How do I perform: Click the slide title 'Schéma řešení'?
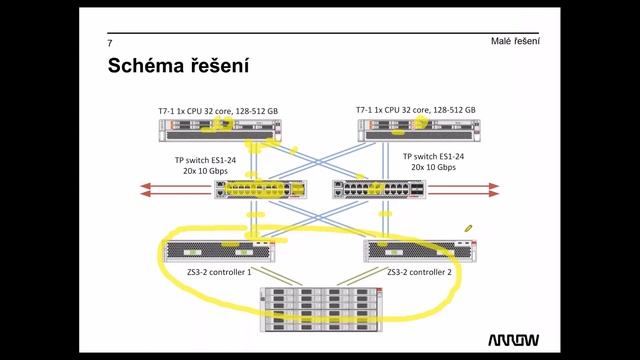coord(177,68)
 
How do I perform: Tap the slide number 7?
coord(110,44)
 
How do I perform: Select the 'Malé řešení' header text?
coord(515,41)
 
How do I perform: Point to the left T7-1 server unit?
coord(218,128)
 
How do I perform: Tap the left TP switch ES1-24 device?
coord(259,188)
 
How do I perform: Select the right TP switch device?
coord(379,188)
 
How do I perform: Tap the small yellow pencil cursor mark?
coord(466,229)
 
